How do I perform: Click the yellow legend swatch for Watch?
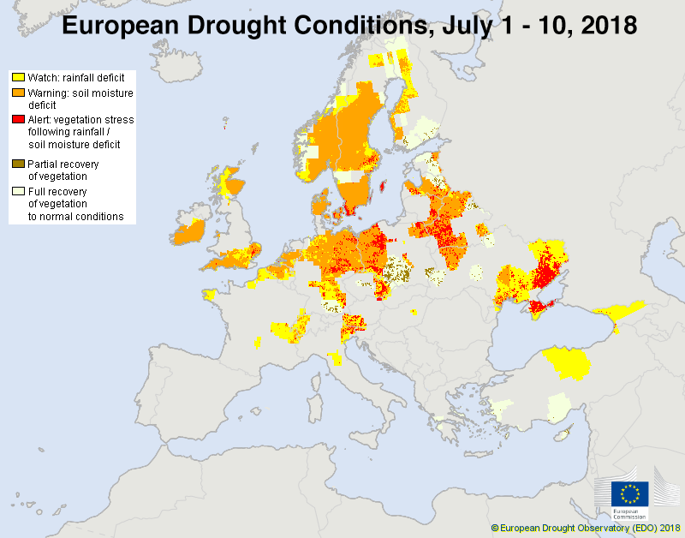point(18,77)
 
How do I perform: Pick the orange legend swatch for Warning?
point(18,93)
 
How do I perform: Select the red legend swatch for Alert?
point(18,120)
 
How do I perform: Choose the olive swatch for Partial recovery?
point(18,163)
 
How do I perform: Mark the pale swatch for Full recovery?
point(18,191)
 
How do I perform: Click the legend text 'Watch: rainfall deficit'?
point(76,77)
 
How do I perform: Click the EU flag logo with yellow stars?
point(629,494)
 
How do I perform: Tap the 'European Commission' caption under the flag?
point(629,515)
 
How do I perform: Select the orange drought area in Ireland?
point(188,232)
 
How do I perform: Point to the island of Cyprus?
point(563,436)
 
